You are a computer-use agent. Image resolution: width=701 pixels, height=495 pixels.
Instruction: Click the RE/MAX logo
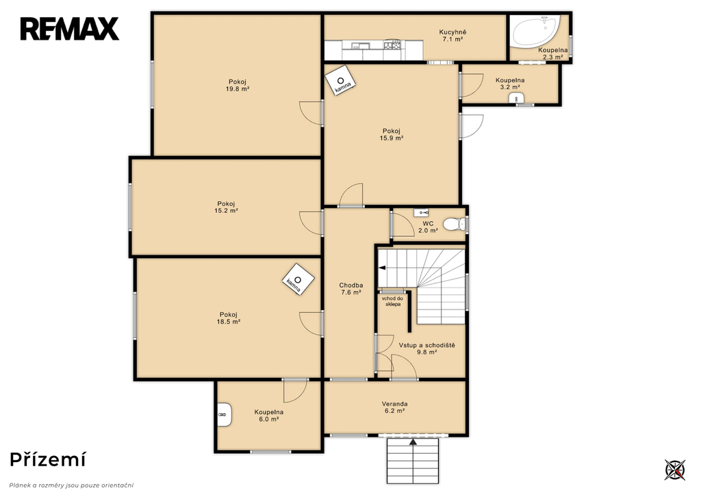click(69, 29)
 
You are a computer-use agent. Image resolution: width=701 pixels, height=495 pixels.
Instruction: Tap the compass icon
click(674, 470)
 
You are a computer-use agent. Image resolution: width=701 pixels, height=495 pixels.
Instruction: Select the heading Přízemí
click(47, 459)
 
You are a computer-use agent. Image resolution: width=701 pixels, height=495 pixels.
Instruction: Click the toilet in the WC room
click(454, 223)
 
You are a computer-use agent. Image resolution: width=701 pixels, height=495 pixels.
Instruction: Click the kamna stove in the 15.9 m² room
click(341, 81)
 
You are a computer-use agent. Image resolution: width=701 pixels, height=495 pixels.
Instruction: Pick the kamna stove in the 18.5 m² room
click(298, 280)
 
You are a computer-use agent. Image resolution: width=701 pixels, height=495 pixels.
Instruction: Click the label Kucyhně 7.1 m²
click(453, 36)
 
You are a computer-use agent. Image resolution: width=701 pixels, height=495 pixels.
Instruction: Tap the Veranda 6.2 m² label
click(394, 407)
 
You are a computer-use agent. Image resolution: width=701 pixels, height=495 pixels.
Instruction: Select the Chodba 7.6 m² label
click(351, 289)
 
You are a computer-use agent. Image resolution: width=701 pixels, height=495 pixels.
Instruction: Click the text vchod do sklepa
click(392, 301)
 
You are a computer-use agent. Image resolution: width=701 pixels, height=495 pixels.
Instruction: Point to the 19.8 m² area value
click(238, 89)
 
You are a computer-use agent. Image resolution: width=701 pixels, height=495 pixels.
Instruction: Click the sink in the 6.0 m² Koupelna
click(225, 414)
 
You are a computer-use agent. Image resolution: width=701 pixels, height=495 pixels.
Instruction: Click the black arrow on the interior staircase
click(382, 268)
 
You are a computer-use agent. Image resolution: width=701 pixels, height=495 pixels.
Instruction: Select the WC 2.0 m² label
click(428, 227)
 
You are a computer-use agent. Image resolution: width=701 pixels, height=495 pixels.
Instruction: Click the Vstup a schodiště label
click(427, 345)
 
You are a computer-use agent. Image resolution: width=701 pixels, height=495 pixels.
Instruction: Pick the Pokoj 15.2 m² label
click(226, 207)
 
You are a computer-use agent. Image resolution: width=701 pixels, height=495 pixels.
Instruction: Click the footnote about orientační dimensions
click(71, 485)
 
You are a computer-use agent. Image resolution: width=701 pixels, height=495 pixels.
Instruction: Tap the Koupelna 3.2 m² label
click(509, 84)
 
